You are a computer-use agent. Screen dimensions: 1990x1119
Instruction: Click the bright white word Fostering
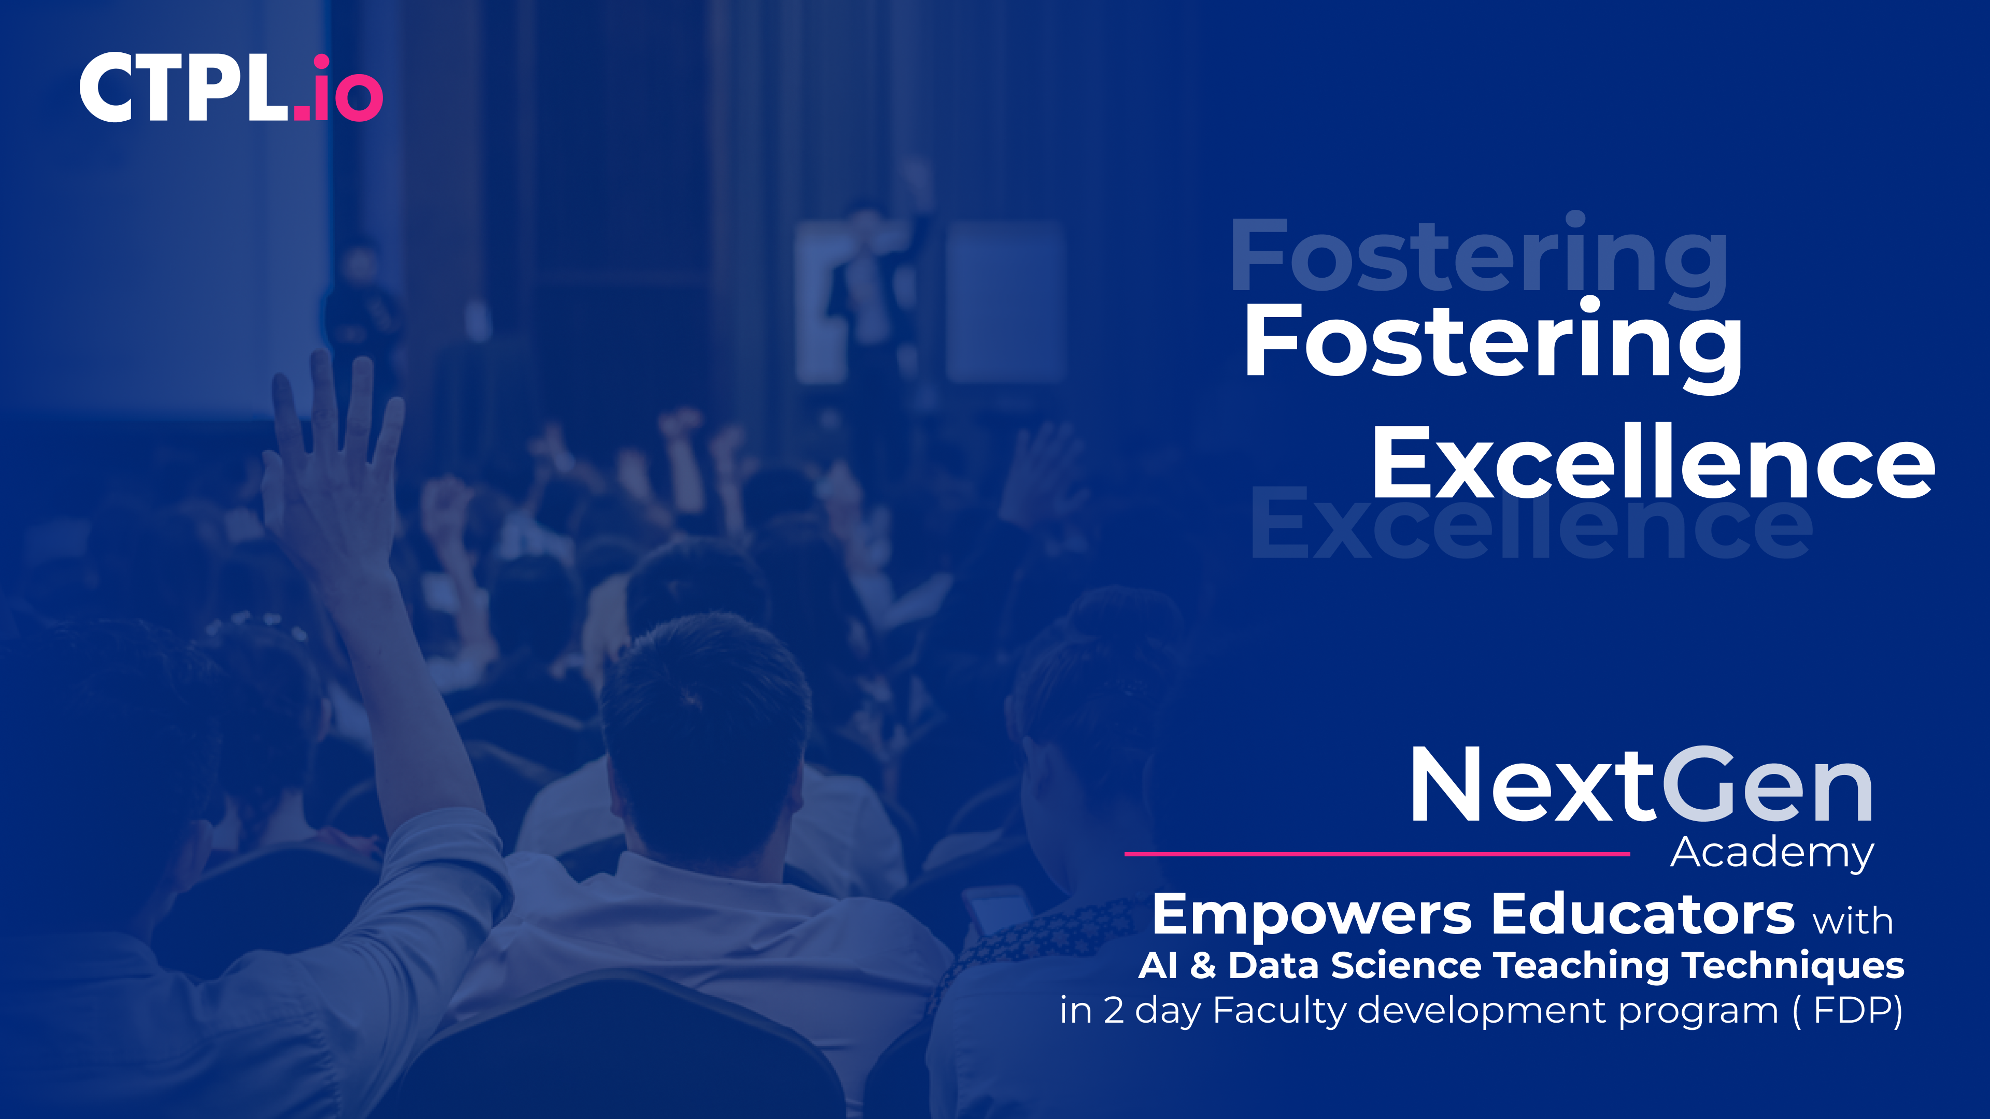[1493, 345]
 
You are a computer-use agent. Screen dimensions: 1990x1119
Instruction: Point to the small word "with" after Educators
[1853, 921]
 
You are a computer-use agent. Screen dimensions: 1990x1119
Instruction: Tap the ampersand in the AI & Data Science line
[1203, 965]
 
